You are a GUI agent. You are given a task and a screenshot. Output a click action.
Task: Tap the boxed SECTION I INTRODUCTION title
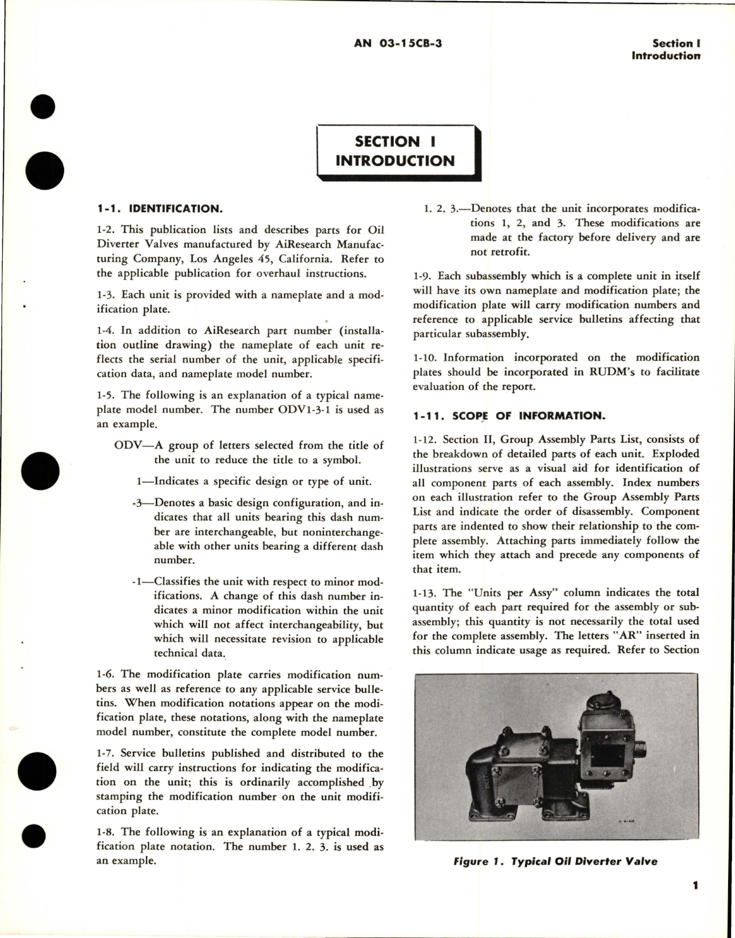click(395, 151)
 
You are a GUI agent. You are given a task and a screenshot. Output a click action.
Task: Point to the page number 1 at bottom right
click(696, 902)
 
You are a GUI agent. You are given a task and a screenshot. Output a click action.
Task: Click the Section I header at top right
click(676, 43)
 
